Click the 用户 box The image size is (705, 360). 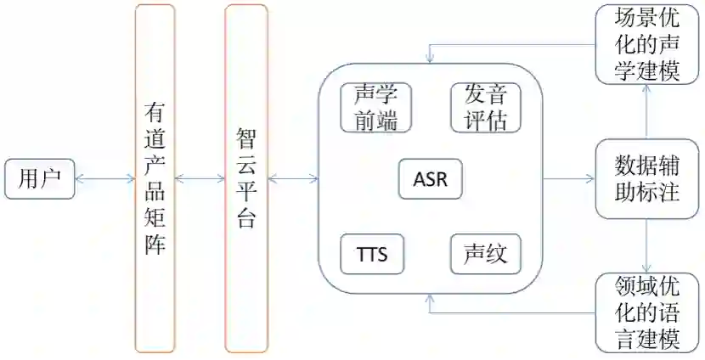tap(40, 178)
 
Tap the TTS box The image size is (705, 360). tap(372, 254)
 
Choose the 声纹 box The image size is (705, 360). tap(485, 254)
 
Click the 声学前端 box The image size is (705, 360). tap(375, 108)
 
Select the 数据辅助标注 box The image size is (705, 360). tap(647, 177)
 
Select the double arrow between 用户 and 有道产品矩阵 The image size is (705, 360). tap(104, 178)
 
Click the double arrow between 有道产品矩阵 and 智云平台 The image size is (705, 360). tap(200, 178)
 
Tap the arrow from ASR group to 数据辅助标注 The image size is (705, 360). tap(568, 178)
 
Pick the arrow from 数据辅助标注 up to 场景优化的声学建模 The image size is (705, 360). tap(648, 111)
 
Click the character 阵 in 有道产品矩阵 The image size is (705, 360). tap(155, 245)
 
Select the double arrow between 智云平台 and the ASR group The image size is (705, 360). tap(293, 178)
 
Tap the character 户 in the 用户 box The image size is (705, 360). tap(52, 178)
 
